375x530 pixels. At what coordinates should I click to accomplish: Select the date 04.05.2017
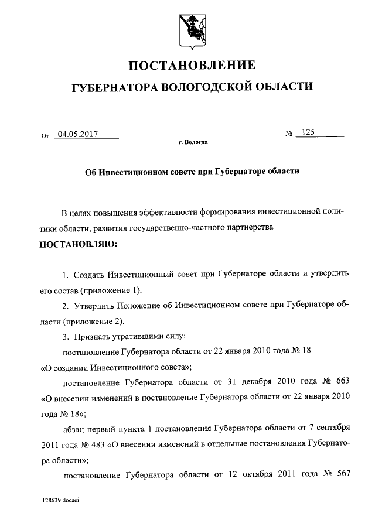pyautogui.click(x=74, y=134)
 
